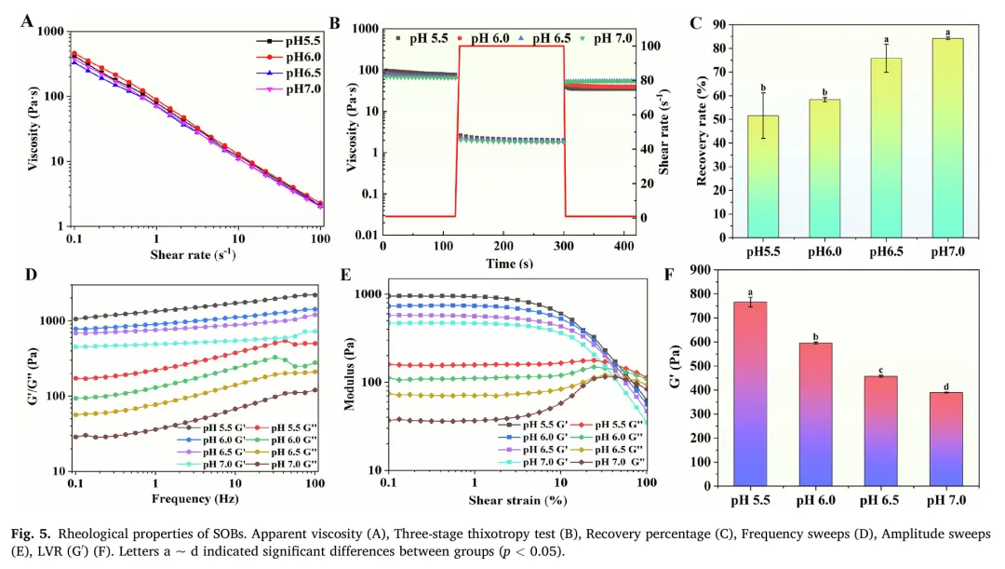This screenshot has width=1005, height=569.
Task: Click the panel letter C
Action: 694,23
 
